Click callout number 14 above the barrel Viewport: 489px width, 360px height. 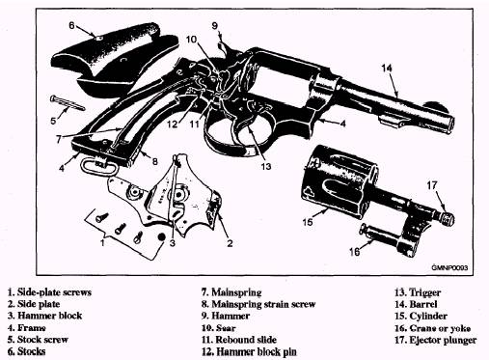(387, 68)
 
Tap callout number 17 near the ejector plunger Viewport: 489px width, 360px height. (432, 185)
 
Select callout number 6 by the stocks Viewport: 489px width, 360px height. (71, 25)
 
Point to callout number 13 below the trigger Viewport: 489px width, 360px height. (266, 166)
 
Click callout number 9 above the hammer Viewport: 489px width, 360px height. (215, 25)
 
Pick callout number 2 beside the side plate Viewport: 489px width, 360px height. (230, 243)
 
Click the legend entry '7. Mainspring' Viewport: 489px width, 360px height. (231, 292)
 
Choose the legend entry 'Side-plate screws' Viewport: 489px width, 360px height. (54, 292)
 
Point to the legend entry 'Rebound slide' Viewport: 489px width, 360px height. (246, 340)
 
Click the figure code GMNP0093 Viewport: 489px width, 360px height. (449, 267)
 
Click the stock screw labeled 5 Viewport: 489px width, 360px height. (68, 103)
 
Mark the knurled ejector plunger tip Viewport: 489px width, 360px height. (448, 219)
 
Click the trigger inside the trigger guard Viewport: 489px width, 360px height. (247, 124)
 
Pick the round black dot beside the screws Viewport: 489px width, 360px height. (161, 237)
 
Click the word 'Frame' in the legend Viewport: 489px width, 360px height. (31, 328)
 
